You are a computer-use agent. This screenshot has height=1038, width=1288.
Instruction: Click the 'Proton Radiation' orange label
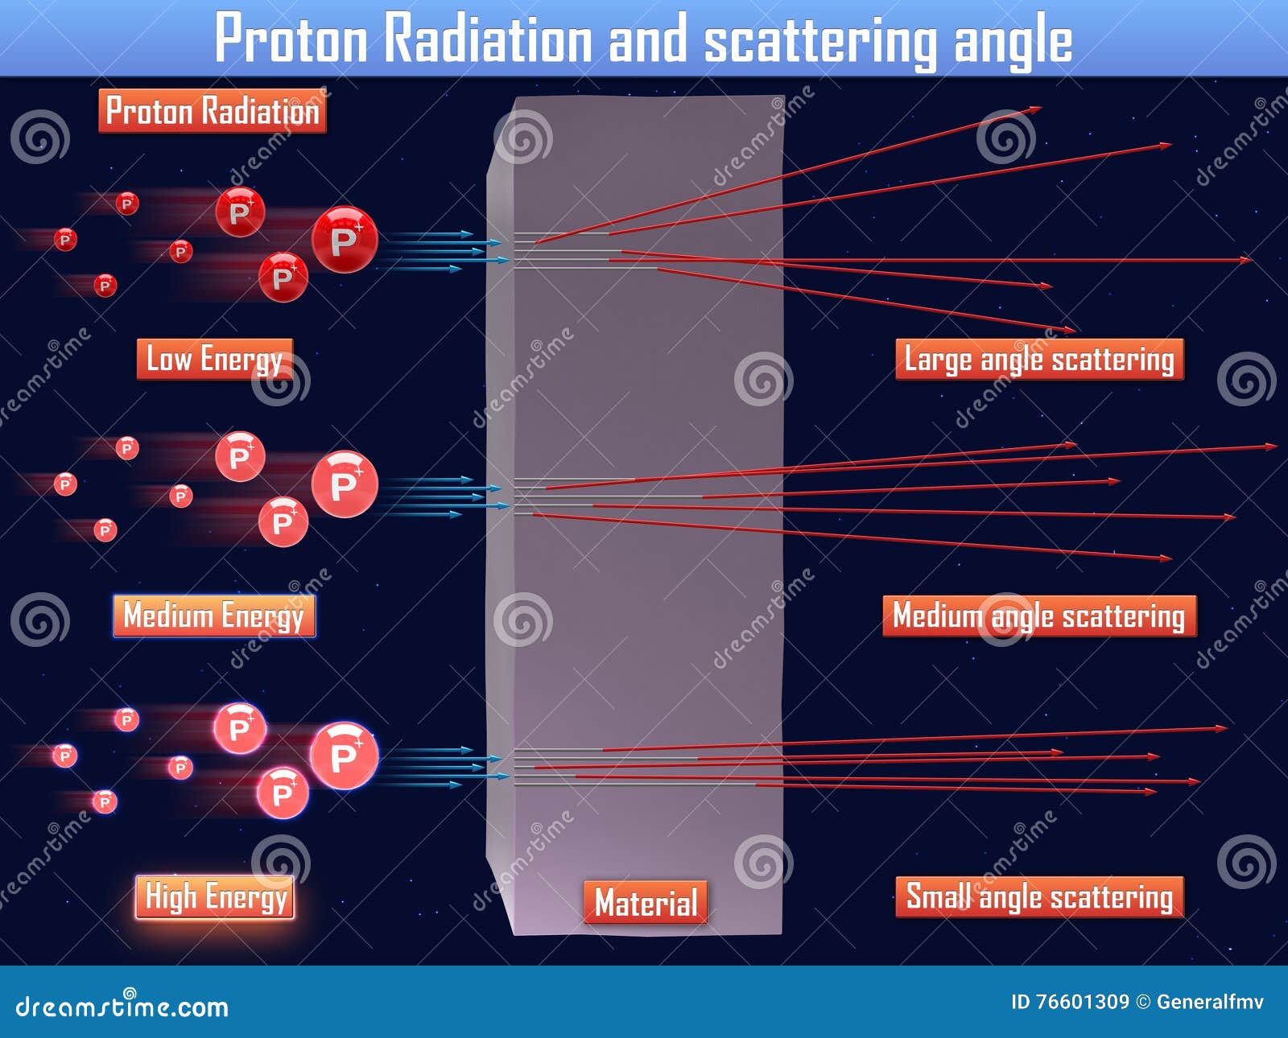coord(213,111)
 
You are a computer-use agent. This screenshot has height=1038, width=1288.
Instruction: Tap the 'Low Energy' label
coord(214,359)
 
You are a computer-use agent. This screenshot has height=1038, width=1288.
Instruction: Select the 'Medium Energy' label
coord(214,616)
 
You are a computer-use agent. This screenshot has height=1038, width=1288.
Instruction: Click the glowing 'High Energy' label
coord(215,896)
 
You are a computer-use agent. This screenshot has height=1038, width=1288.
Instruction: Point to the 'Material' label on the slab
coord(646,902)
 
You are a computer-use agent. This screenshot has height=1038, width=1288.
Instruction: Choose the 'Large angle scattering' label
coord(1039,359)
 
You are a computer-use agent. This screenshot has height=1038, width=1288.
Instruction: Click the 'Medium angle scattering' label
coord(1039,616)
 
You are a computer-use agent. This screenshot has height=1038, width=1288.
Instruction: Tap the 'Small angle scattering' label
coord(1039,896)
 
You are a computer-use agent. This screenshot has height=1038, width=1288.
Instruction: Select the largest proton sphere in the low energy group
coord(345,240)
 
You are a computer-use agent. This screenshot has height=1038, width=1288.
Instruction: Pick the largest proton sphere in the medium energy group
coord(345,484)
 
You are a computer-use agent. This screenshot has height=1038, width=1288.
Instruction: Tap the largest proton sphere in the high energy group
coord(344,756)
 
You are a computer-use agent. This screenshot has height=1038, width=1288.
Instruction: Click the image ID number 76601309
coord(1082,1002)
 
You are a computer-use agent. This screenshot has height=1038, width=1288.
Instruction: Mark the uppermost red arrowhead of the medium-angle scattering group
coord(1271,447)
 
